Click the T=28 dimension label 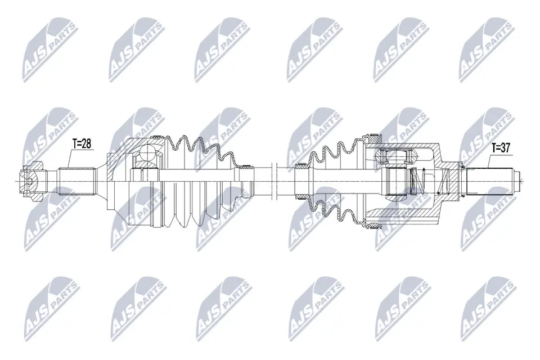82,143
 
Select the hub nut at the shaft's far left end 31,180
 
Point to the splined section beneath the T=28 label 75,180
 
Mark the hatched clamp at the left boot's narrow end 245,166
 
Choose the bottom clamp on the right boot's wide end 373,226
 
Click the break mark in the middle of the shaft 273,180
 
